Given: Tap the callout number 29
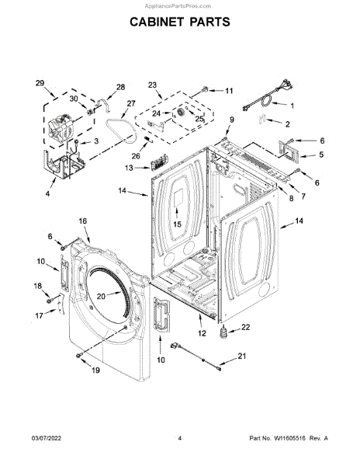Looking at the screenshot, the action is [40, 83].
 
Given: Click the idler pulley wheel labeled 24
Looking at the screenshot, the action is [179, 113].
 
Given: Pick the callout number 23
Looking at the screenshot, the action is [152, 85].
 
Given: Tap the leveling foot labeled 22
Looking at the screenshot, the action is [223, 332].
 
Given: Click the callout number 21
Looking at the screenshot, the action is [242, 356].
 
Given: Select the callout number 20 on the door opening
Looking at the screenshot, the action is [101, 297].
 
